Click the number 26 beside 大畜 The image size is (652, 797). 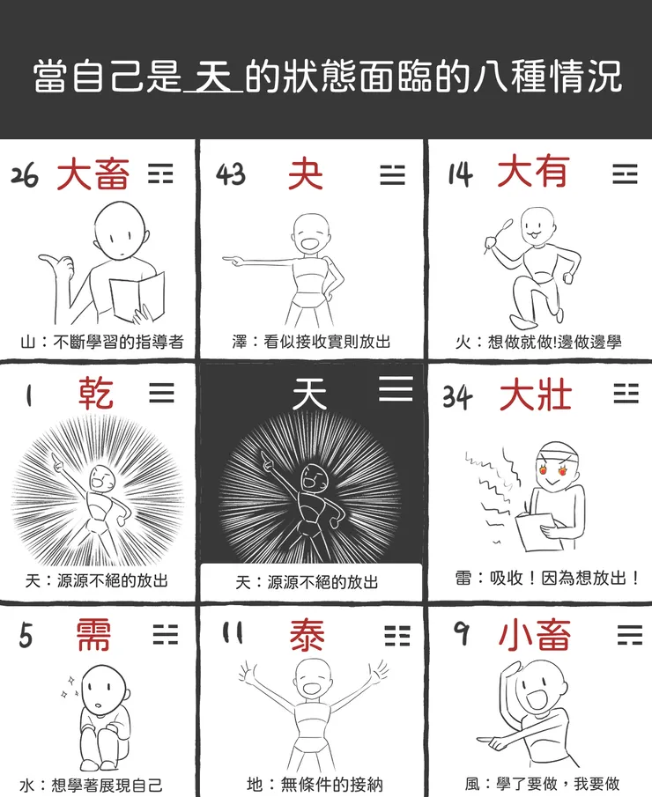[x=25, y=175]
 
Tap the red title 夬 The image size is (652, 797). [x=305, y=174]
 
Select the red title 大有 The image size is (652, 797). [x=532, y=172]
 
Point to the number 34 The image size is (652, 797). [x=458, y=396]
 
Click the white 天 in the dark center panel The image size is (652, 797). [x=309, y=392]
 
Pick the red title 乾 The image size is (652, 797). [x=95, y=393]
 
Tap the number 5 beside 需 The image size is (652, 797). [x=27, y=635]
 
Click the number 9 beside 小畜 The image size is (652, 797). [x=462, y=633]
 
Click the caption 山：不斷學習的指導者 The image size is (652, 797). [x=101, y=342]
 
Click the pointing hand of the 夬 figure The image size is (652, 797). [x=232, y=261]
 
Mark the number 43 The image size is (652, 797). [x=231, y=174]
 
